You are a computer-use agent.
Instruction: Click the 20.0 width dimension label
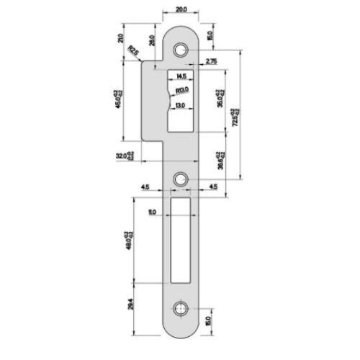point(180,10)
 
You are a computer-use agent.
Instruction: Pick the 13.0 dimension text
point(181,106)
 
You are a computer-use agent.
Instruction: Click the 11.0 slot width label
point(152,212)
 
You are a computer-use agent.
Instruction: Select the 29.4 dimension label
point(130,305)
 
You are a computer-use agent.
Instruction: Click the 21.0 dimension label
point(120,39)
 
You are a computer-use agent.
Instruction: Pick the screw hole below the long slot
point(180,310)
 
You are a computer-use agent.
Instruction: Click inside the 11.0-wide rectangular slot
point(180,241)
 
